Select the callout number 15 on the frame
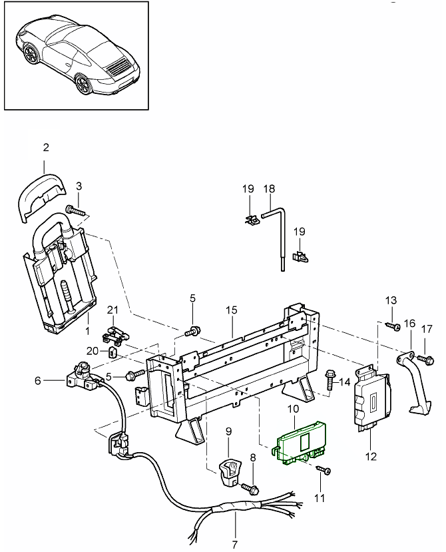[x=232, y=311]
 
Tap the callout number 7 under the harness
[x=234, y=545]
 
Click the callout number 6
[x=38, y=380]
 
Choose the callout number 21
[x=112, y=310]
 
